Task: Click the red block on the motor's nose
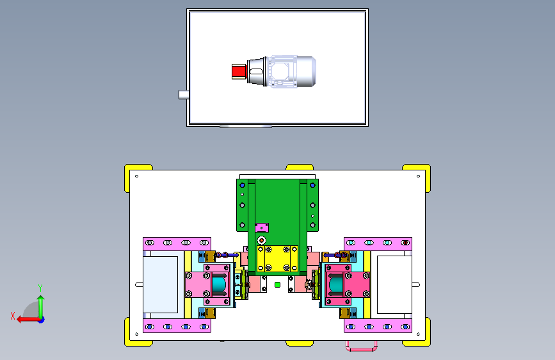(239, 72)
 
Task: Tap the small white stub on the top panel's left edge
(183, 95)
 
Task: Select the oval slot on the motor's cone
(256, 71)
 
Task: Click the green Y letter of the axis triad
(40, 288)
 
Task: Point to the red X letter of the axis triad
(13, 316)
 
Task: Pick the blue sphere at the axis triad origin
(42, 320)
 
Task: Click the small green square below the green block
(278, 284)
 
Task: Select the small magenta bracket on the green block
(262, 227)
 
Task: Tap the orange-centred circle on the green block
(262, 241)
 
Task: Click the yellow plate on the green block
(277, 259)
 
